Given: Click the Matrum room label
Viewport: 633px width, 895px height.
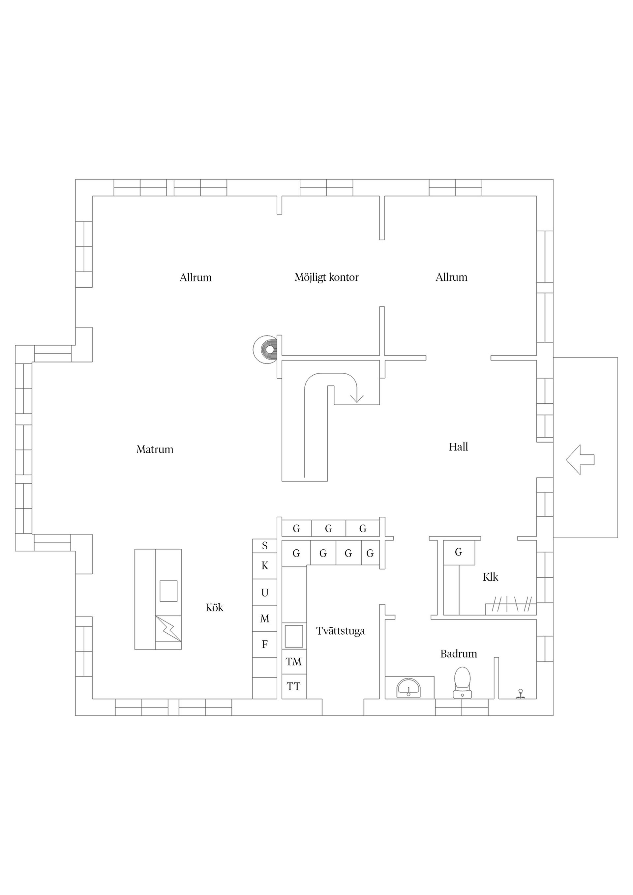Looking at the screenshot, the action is pyautogui.click(x=155, y=449).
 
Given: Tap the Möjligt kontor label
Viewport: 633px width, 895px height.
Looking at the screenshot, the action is pyautogui.click(x=326, y=277).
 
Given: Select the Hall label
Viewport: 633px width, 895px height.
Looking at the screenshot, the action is pyautogui.click(x=458, y=447).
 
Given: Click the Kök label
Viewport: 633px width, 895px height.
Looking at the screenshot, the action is pyautogui.click(x=215, y=607).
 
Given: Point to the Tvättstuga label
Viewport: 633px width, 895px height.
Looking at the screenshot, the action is pyautogui.click(x=341, y=631).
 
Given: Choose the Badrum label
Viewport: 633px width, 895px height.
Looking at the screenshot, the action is pyautogui.click(x=459, y=654).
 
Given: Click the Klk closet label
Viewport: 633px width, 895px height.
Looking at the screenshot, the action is pyautogui.click(x=491, y=577).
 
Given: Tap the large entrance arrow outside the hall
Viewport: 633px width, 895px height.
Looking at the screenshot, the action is pyautogui.click(x=580, y=460).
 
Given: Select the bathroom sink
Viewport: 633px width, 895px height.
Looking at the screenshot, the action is pyautogui.click(x=408, y=688).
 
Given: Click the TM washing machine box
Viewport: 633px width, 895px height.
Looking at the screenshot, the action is pyautogui.click(x=294, y=661).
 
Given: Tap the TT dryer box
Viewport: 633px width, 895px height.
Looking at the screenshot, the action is pyautogui.click(x=294, y=686).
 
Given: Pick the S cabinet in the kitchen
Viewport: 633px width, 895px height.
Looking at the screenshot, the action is pyautogui.click(x=265, y=546).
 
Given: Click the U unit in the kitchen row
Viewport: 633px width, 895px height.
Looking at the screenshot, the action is pyautogui.click(x=265, y=592).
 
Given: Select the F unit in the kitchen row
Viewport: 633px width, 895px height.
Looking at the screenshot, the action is pyautogui.click(x=265, y=644).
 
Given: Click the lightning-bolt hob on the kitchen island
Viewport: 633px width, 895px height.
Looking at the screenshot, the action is pyautogui.click(x=168, y=628).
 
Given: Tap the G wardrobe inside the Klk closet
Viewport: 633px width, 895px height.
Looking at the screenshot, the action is pyautogui.click(x=459, y=552).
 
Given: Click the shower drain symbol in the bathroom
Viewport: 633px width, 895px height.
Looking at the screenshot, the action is pyautogui.click(x=520, y=694).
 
